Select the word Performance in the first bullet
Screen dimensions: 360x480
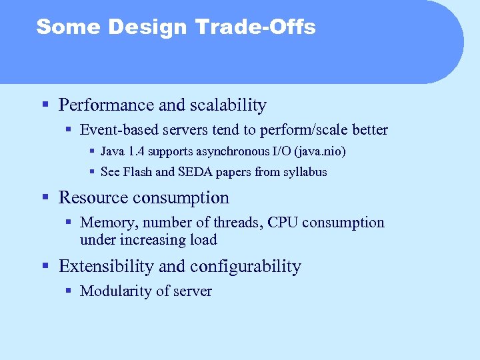107,105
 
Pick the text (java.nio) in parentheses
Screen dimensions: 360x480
323,151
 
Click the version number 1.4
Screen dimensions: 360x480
137,151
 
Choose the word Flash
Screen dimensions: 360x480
137,172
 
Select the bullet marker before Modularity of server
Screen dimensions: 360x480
68,291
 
